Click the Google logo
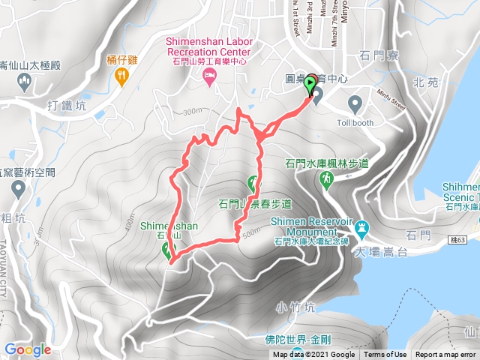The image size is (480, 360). click(27, 349)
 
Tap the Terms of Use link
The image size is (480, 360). click(385, 355)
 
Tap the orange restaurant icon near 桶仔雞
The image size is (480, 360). click(120, 75)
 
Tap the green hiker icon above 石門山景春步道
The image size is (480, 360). click(253, 182)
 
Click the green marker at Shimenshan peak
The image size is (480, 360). click(166, 251)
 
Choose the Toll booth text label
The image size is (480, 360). click(354, 122)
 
